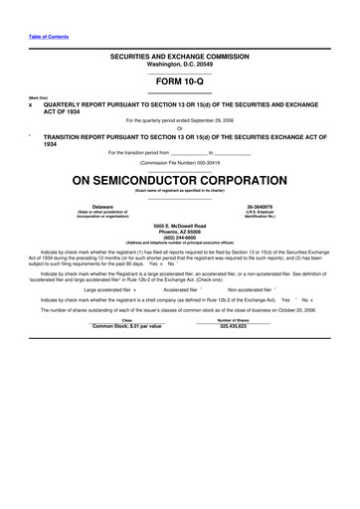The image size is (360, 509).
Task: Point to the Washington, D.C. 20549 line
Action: click(180, 66)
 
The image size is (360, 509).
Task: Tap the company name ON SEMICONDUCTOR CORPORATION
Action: click(180, 181)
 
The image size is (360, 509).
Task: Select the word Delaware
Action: click(102, 207)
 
